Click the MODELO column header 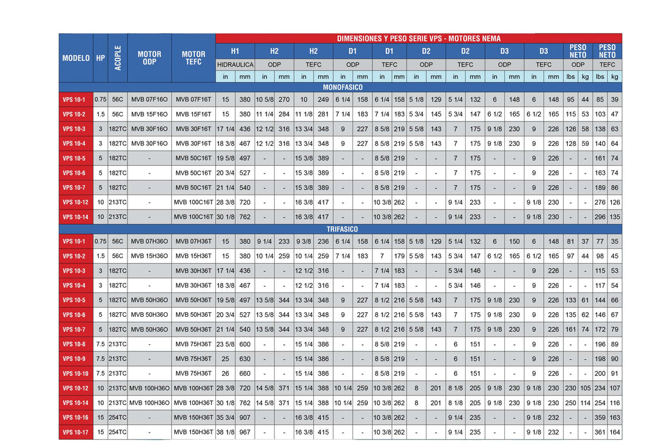tap(76, 58)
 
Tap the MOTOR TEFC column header tap(193, 58)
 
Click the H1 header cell tap(235, 51)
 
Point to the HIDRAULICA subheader tap(235, 65)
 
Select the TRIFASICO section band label tap(340, 229)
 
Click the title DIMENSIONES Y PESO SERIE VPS tap(419, 38)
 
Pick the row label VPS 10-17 tap(76, 432)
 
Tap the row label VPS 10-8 tap(76, 344)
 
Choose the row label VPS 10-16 tap(76, 417)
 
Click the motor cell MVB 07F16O tap(149, 100)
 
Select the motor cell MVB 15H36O tap(149, 256)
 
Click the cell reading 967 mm tap(245, 432)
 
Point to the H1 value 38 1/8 tap(226, 432)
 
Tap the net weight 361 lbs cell tap(600, 432)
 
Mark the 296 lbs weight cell tap(600, 217)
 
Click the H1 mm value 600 tap(245, 344)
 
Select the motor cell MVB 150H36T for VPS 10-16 tap(193, 417)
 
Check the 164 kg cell tap(614, 432)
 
